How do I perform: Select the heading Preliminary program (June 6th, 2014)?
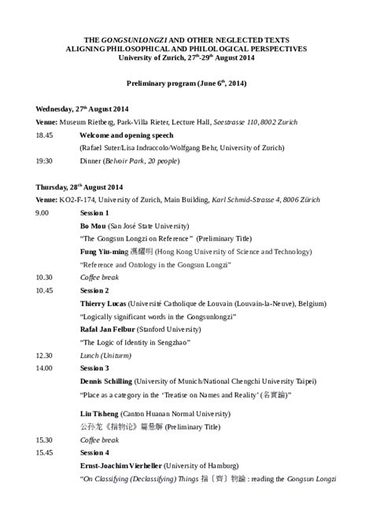186,83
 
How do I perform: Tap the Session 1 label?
94,212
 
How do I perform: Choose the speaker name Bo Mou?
94,225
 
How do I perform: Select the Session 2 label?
94,289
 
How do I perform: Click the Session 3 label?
94,367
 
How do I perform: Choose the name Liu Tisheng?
99,413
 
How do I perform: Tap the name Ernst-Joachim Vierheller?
126,465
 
